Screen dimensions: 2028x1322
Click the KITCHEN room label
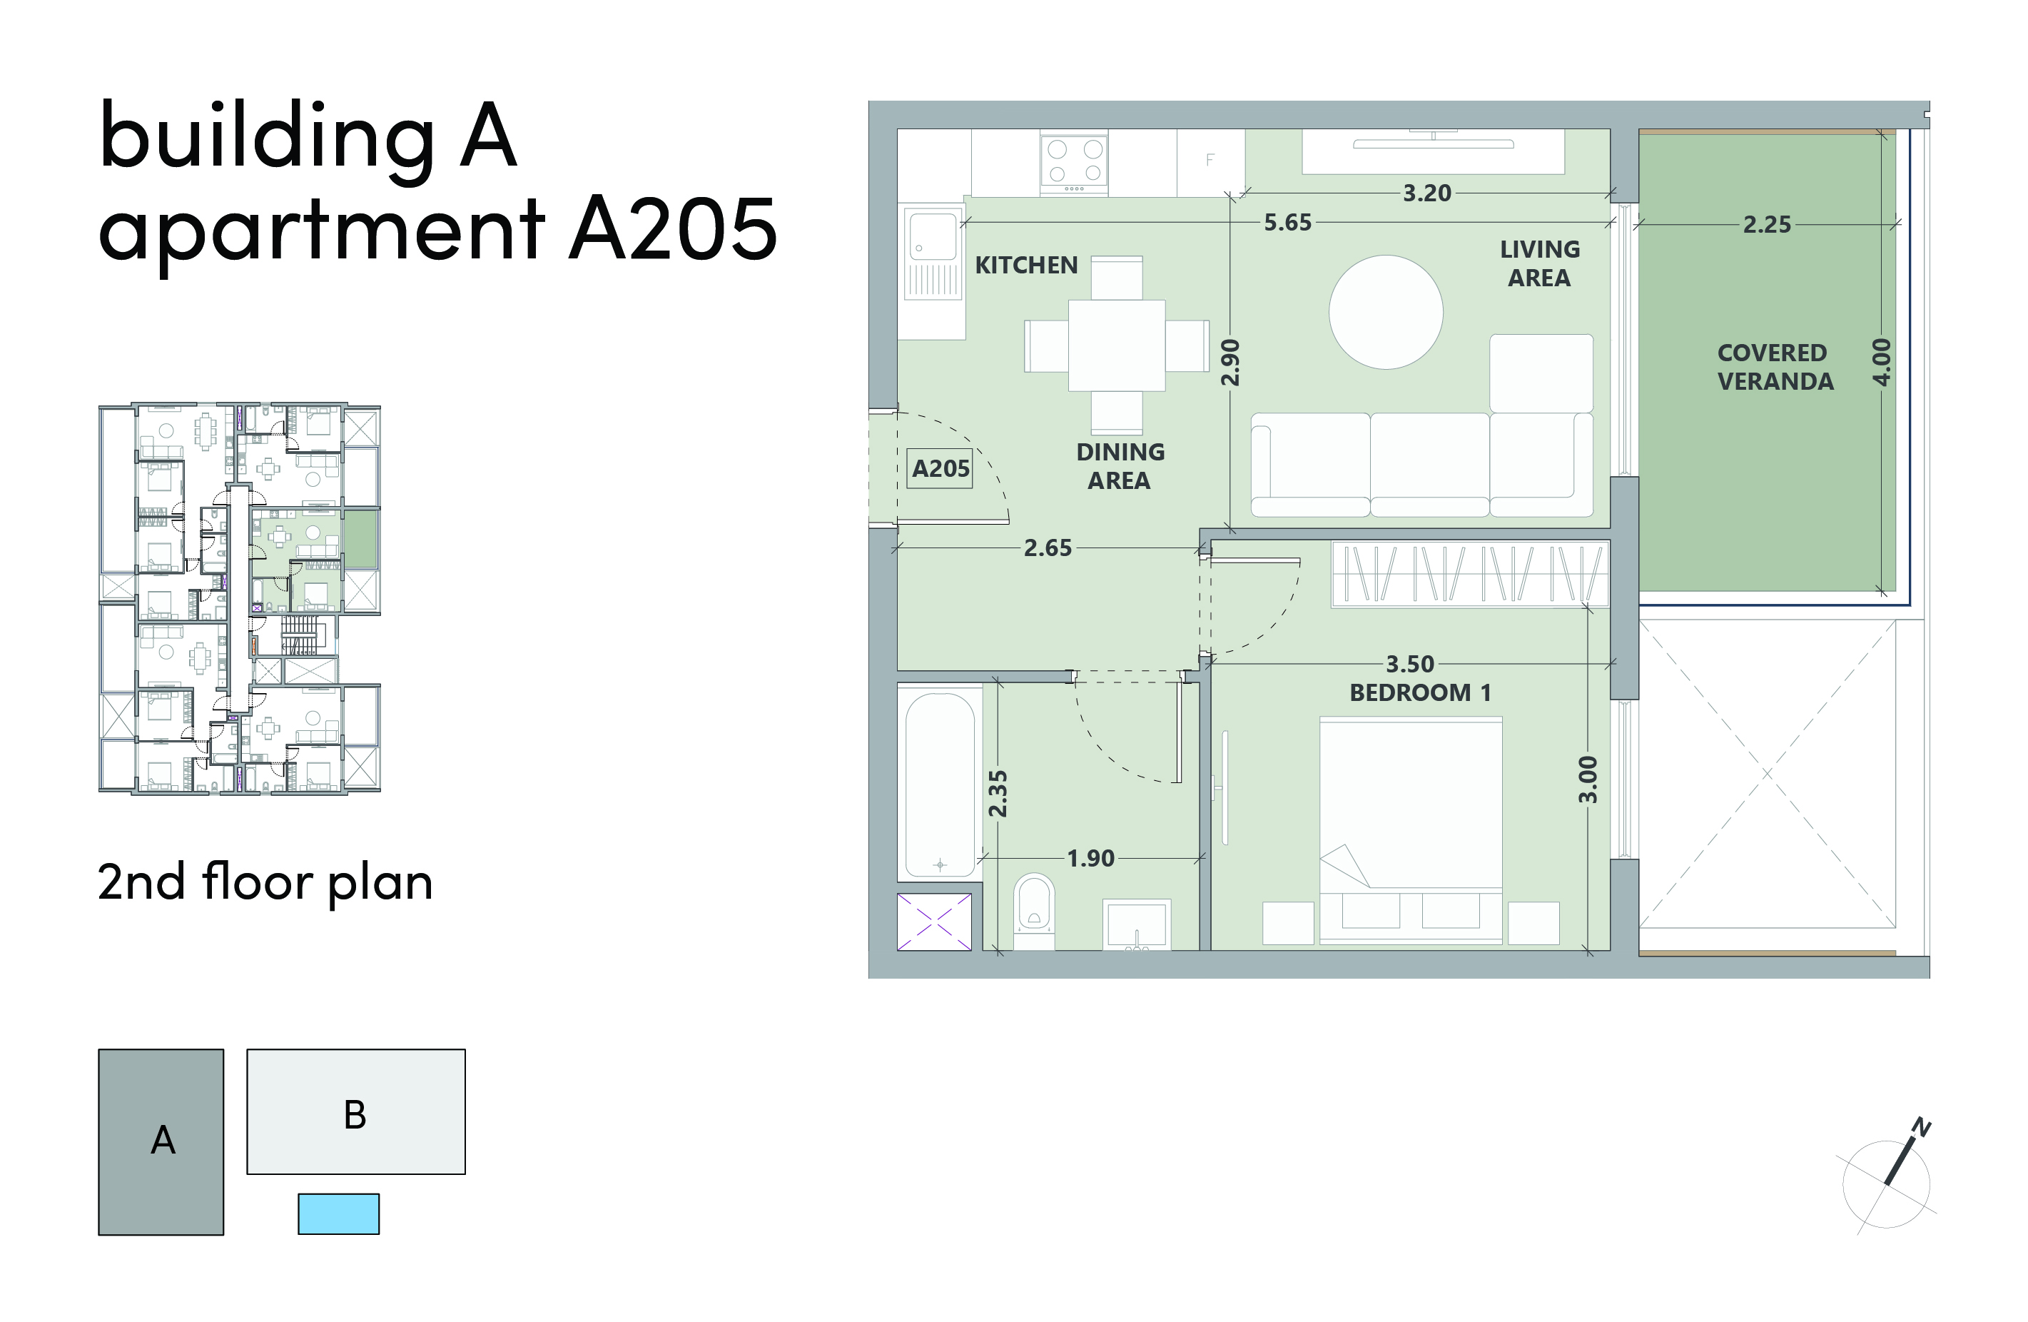click(x=1026, y=265)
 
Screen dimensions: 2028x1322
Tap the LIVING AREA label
click(x=1540, y=263)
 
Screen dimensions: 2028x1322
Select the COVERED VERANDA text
click(x=1775, y=366)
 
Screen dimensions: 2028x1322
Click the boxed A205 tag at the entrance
click(x=941, y=468)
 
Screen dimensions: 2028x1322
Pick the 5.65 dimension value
click(x=1287, y=223)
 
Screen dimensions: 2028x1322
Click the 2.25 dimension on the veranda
click(x=1766, y=224)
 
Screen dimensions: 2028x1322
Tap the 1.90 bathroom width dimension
click(x=1090, y=858)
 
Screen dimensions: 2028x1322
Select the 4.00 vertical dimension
click(x=1882, y=362)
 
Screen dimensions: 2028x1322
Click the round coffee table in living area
click(x=1386, y=312)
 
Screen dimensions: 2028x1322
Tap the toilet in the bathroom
click(x=1033, y=911)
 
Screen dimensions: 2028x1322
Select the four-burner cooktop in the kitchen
click(x=1074, y=162)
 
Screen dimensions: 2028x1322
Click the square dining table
click(x=1116, y=345)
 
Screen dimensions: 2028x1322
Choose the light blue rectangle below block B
click(x=338, y=1213)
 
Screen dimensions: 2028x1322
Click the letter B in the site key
click(x=355, y=1115)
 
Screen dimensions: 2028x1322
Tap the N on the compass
click(x=1922, y=1127)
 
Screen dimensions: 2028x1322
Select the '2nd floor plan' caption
click(x=265, y=882)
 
